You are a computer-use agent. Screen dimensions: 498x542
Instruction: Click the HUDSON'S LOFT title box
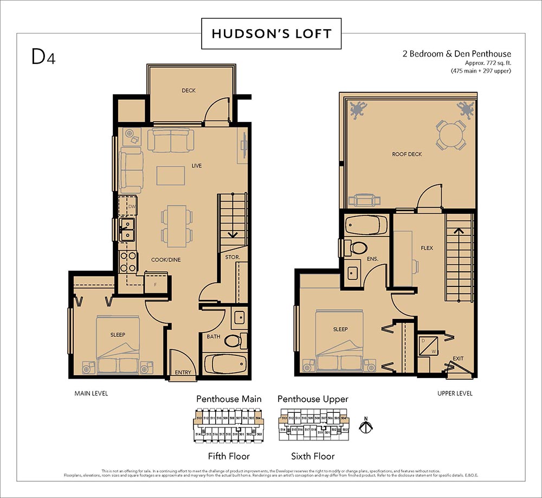pyautogui.click(x=271, y=34)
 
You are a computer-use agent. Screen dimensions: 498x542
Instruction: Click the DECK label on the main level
pyautogui.click(x=189, y=91)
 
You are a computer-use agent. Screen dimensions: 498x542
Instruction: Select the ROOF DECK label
pyautogui.click(x=406, y=154)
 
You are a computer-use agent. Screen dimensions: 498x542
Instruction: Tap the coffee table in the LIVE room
pyautogui.click(x=171, y=176)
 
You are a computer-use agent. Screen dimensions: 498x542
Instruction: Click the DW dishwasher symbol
pyautogui.click(x=131, y=207)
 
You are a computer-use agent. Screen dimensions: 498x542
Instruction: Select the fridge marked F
pyautogui.click(x=154, y=283)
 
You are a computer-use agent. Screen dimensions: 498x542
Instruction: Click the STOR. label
pyautogui.click(x=233, y=257)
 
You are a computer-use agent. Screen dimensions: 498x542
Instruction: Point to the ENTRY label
pyautogui.click(x=183, y=373)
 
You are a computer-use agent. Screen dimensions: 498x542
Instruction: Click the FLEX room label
pyautogui.click(x=427, y=248)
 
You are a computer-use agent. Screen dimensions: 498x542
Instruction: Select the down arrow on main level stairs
pyautogui.click(x=233, y=235)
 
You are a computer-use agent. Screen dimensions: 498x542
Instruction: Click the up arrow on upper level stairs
pyautogui.click(x=459, y=231)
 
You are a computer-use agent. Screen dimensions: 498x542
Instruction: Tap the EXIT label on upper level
pyautogui.click(x=458, y=359)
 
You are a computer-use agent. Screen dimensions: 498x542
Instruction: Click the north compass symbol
pyautogui.click(x=367, y=426)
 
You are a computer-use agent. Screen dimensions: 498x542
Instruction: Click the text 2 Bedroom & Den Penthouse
pyautogui.click(x=456, y=54)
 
